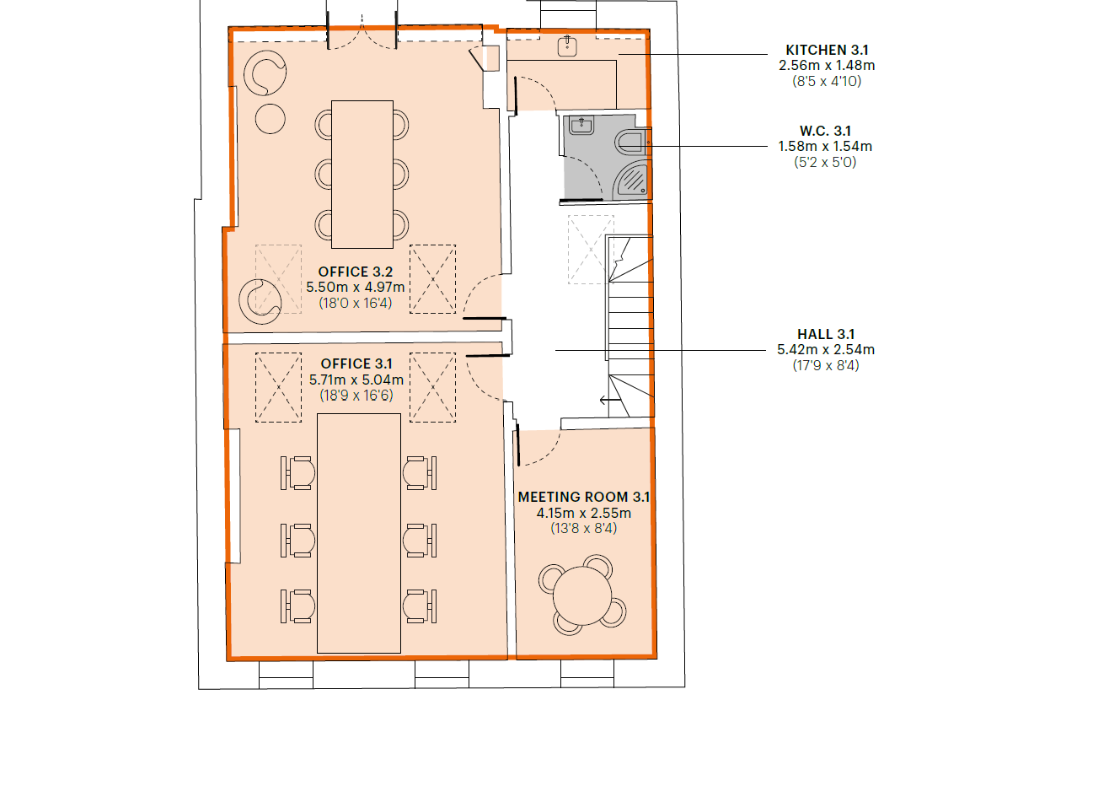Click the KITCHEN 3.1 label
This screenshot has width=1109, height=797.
tap(827, 50)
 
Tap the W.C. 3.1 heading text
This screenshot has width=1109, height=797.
tap(825, 132)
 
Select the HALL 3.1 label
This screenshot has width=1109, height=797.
tap(826, 334)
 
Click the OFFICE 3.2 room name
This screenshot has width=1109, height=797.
tap(356, 272)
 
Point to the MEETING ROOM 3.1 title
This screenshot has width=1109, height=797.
tap(584, 497)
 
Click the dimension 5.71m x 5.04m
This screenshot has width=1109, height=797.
tap(356, 380)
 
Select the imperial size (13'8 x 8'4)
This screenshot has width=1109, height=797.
tap(584, 529)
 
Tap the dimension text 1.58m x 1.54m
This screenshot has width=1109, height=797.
tap(825, 147)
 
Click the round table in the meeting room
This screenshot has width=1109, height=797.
tap(582, 596)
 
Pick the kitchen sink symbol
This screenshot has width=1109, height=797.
tap(567, 46)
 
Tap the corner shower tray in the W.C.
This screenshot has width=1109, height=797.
tap(632, 180)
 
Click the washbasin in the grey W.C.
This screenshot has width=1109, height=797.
tap(581, 126)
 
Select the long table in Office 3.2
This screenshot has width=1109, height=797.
tap(362, 175)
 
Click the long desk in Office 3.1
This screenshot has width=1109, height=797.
tap(359, 534)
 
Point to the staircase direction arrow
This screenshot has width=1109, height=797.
tap(610, 400)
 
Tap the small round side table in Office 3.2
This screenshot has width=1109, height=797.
tap(271, 119)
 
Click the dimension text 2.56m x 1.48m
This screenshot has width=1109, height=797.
tap(827, 66)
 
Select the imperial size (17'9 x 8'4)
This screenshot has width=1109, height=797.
tap(826, 365)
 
